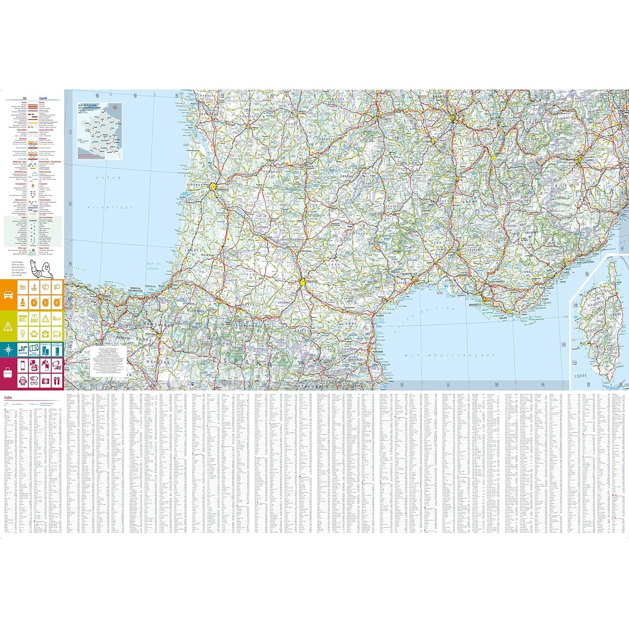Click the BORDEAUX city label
pyautogui.click(x=222, y=190)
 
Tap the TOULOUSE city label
pyautogui.click(x=312, y=281)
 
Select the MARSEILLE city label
pyautogui.click(x=475, y=305)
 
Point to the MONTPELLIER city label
pyautogui.click(x=410, y=274)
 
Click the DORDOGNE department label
pyautogui.click(x=272, y=172)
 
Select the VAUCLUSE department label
pyautogui.click(x=475, y=249)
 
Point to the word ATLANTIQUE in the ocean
pyautogui.click(x=110, y=208)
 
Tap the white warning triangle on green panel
pyautogui.click(x=8, y=326)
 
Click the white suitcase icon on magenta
pyautogui.click(x=8, y=372)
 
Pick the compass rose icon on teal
pyautogui.click(x=8, y=349)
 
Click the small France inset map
pyautogui.click(x=99, y=131)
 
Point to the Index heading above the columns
pyautogui.click(x=8, y=397)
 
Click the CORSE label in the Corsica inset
pyautogui.click(x=580, y=376)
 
